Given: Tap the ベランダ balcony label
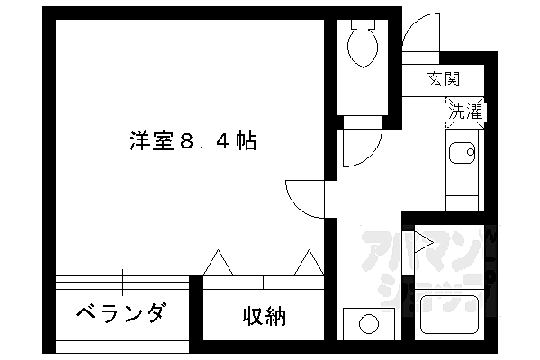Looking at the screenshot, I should pyautogui.click(x=121, y=314).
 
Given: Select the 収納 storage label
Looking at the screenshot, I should pyautogui.click(x=263, y=316).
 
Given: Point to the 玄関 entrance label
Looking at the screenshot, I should pyautogui.click(x=444, y=78).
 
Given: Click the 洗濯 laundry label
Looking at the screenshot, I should pyautogui.click(x=465, y=112).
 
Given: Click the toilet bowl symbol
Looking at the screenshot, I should pyautogui.click(x=364, y=46).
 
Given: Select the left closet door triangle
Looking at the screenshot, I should pyautogui.click(x=219, y=264).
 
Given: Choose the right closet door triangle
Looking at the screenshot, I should pyautogui.click(x=308, y=264).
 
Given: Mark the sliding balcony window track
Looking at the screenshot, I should pyautogui.click(x=122, y=283).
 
